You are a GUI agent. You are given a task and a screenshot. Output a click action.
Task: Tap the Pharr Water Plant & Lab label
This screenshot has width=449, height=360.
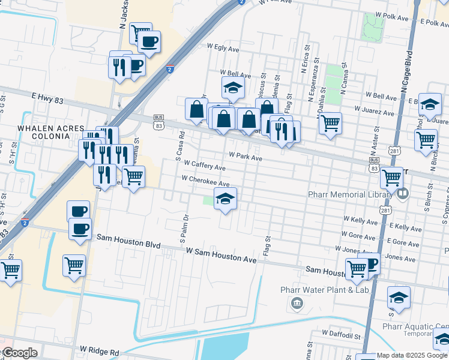coord(324,290)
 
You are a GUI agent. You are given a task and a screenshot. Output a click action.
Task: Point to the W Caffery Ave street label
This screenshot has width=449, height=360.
coord(205,166)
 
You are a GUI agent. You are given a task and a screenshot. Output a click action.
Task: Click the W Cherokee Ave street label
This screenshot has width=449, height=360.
coord(205,181)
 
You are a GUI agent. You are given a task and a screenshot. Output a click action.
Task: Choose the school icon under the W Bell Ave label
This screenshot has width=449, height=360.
coord(233,88)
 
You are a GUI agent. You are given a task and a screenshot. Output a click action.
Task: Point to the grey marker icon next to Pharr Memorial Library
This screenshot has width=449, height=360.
coord(402,194)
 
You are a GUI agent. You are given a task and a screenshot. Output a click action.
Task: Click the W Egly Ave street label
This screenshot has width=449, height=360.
coord(223,46)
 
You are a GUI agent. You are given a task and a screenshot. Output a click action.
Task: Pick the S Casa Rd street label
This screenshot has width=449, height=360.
coord(179,146)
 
